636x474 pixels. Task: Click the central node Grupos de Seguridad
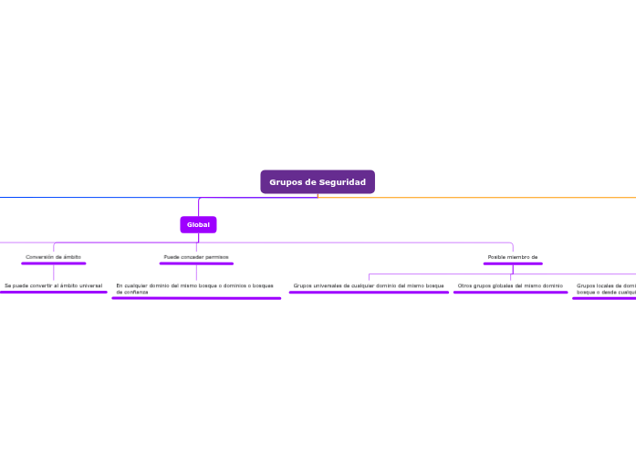click(317, 182)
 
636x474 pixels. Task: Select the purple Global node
click(198, 224)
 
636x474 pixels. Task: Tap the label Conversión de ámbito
click(53, 257)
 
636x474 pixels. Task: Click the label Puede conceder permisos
click(196, 257)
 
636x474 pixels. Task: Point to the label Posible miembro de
click(513, 257)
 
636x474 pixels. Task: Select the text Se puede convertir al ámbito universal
click(53, 285)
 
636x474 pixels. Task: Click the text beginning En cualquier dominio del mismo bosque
click(194, 285)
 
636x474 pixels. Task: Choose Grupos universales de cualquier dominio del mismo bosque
click(369, 285)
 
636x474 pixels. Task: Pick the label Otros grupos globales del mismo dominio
click(510, 285)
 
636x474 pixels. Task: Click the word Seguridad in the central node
click(342, 182)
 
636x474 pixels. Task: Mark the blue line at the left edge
click(18, 197)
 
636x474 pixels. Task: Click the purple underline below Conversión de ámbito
click(53, 263)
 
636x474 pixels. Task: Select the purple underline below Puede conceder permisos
click(196, 263)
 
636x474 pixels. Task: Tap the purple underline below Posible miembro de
click(513, 263)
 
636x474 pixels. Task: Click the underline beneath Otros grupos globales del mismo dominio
click(510, 293)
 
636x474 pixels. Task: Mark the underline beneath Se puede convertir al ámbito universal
click(53, 293)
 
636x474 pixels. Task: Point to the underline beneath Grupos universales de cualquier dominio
click(369, 293)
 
